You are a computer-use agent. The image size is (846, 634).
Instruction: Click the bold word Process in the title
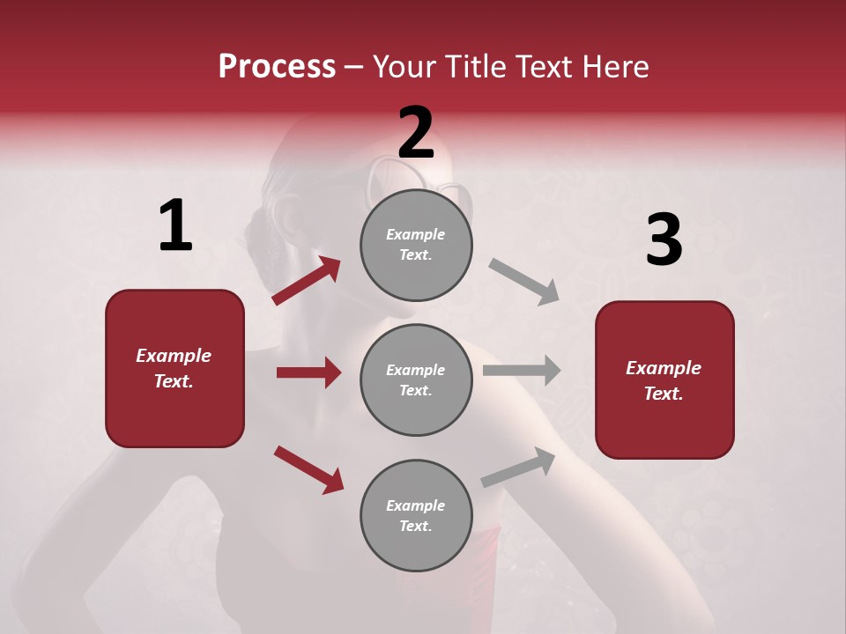[x=277, y=67]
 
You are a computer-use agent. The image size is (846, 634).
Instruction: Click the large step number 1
[x=175, y=225]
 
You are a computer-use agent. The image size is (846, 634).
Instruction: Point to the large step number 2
[x=416, y=133]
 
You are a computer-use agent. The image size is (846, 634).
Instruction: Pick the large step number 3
[x=664, y=240]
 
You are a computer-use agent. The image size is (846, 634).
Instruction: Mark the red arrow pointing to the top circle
[x=307, y=280]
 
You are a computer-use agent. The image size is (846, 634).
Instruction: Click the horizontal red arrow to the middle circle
[x=308, y=372]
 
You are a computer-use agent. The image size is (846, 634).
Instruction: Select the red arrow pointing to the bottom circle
[x=308, y=468]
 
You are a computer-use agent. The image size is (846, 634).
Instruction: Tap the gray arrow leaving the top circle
[x=524, y=282]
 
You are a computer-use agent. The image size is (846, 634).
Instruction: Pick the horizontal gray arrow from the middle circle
[x=522, y=370]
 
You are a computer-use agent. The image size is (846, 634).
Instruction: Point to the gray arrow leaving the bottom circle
[x=518, y=468]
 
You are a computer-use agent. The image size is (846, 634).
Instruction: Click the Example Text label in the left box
[x=174, y=368]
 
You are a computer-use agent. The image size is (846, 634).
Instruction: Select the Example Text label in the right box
[x=664, y=380]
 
